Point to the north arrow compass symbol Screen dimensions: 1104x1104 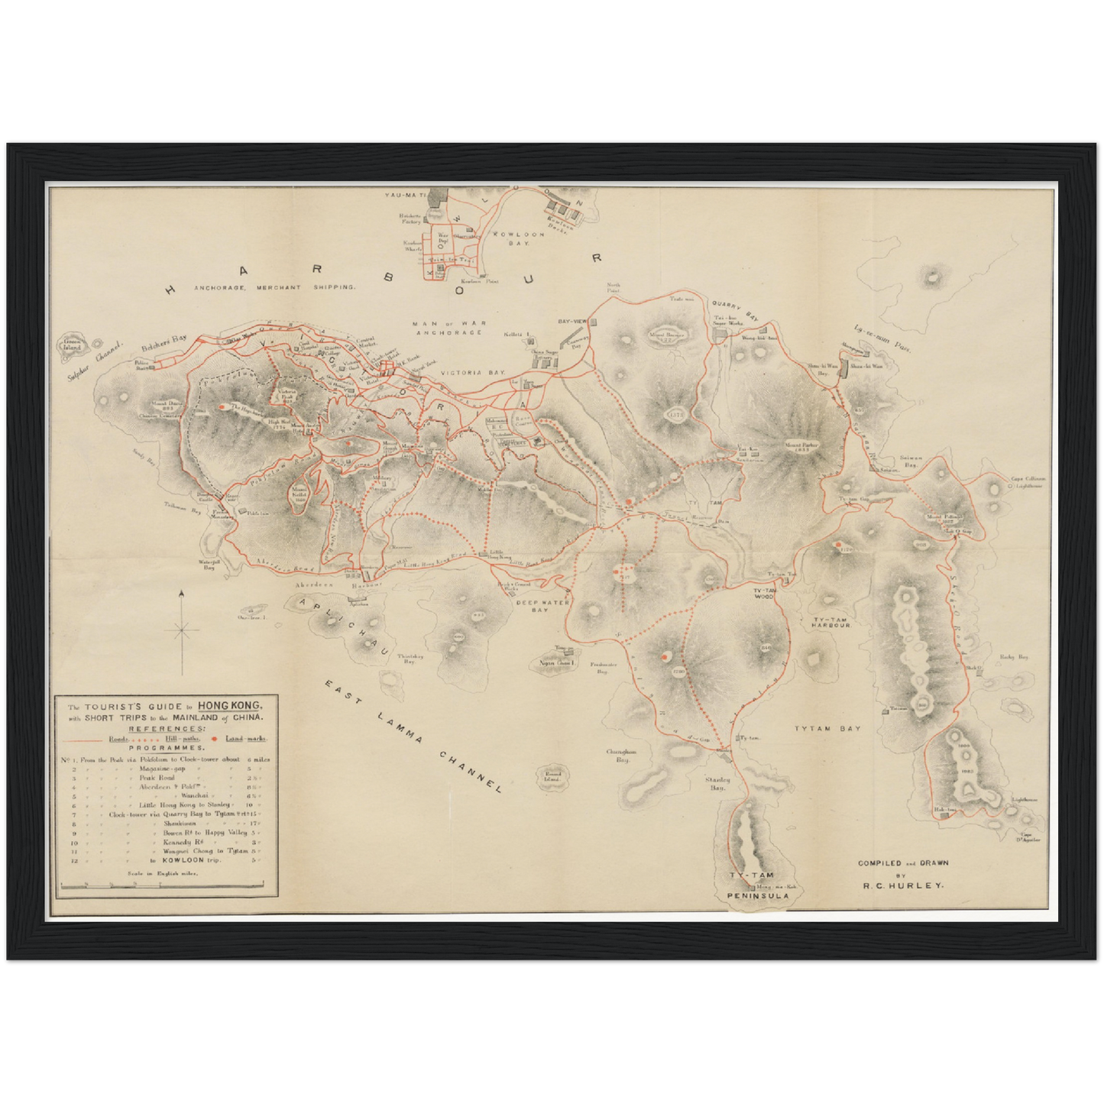(182, 631)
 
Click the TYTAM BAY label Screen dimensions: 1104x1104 (827, 728)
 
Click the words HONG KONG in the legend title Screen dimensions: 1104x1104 (230, 705)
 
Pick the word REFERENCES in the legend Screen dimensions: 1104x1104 (166, 729)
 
